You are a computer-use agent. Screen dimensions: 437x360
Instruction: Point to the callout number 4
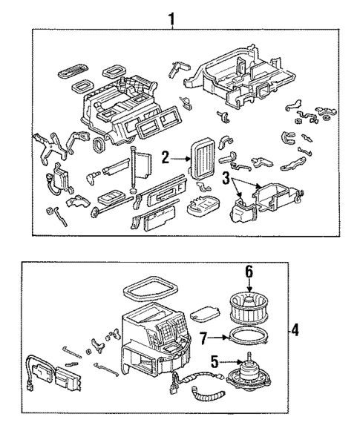point(295,329)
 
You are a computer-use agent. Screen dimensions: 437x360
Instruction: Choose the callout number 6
point(249,272)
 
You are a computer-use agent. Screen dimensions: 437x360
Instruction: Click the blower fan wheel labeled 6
point(250,306)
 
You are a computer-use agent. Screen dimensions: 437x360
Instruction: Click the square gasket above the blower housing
point(148,286)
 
